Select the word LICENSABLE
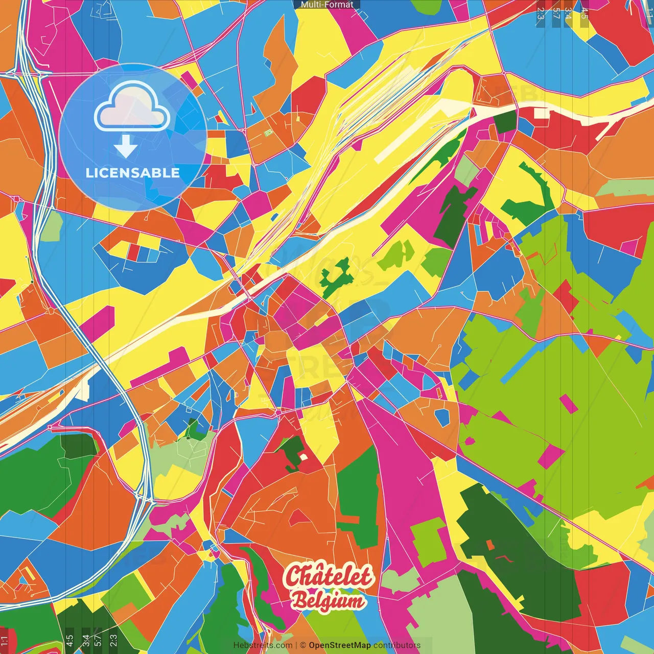(133, 173)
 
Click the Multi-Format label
(327, 5)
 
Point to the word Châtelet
(329, 576)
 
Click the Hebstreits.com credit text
(263, 645)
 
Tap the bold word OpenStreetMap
(339, 645)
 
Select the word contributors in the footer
(396, 645)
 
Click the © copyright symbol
(302, 645)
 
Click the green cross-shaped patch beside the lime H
(337, 277)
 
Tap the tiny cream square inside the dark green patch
(303, 457)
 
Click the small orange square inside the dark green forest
(491, 545)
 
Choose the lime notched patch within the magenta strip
(429, 542)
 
